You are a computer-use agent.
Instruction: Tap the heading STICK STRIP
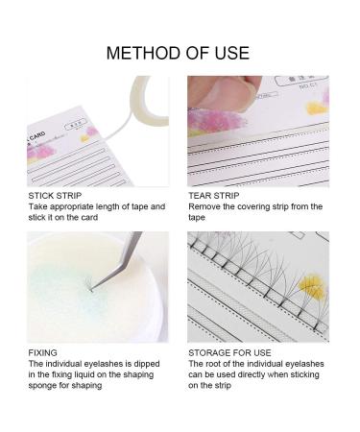point(54,196)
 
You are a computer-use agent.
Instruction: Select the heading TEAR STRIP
point(217,196)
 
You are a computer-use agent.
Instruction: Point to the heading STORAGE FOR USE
point(231,352)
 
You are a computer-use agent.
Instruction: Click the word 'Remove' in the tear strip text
point(204,207)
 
